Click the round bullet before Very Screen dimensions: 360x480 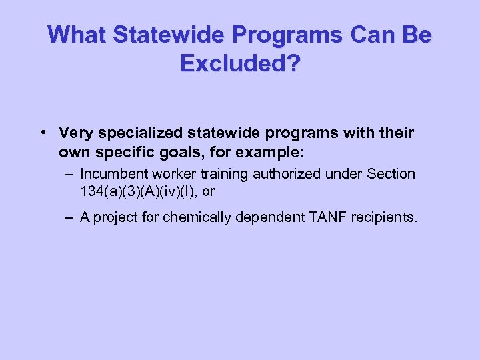coord(43,132)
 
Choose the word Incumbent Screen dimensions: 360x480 coord(111,174)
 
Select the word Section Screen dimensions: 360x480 coord(392,174)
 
